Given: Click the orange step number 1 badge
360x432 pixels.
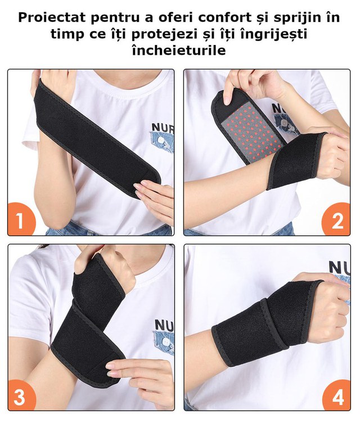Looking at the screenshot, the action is click(21, 220).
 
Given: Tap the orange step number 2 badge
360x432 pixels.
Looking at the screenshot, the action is click(336, 220).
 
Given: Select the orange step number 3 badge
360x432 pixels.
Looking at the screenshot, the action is click(21, 395).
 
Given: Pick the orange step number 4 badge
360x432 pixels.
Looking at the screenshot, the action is click(336, 395).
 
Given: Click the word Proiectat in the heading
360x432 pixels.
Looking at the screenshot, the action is click(52, 17).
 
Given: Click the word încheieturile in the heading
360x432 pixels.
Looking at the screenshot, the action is click(179, 51).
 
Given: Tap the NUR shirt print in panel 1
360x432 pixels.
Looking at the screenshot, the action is click(163, 127).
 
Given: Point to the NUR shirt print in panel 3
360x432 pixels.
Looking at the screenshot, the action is click(164, 324).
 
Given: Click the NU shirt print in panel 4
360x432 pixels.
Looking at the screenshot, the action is click(339, 267).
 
